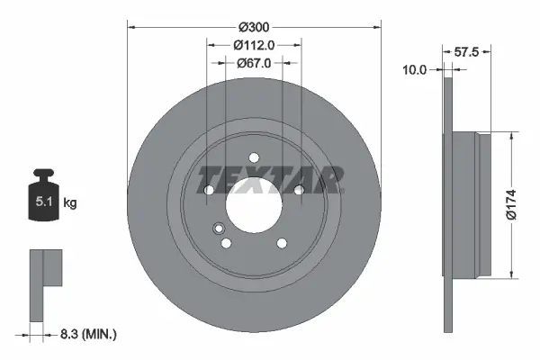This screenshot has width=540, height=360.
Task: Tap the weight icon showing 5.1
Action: (x=43, y=197)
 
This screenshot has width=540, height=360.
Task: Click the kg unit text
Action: (x=70, y=203)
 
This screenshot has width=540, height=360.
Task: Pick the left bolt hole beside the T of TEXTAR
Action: (x=209, y=190)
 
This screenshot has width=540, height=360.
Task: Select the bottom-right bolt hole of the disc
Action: (x=282, y=242)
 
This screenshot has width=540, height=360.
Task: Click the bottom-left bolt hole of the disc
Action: (x=227, y=243)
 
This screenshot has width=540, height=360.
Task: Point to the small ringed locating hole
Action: (x=219, y=229)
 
